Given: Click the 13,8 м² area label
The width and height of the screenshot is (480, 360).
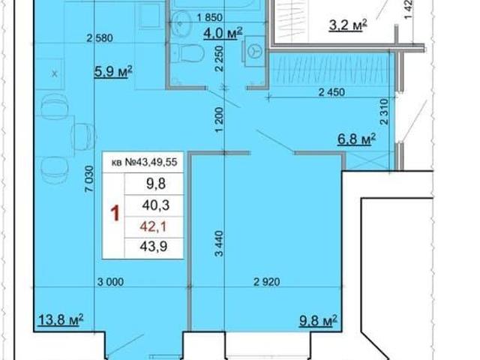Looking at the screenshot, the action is pyautogui.click(x=61, y=320).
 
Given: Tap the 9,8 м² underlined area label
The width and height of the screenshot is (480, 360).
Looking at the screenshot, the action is pyautogui.click(x=318, y=320).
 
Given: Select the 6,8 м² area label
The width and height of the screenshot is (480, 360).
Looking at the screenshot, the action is pyautogui.click(x=357, y=139).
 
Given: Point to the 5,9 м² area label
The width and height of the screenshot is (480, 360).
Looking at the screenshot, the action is pyautogui.click(x=113, y=72).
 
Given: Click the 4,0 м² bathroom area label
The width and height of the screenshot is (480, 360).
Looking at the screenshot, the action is pyautogui.click(x=223, y=33).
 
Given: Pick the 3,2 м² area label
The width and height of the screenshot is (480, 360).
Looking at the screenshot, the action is pyautogui.click(x=348, y=25).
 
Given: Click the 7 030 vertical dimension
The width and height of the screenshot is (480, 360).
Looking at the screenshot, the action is pyautogui.click(x=88, y=179).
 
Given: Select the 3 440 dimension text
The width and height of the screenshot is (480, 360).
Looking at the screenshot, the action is pyautogui.click(x=220, y=243).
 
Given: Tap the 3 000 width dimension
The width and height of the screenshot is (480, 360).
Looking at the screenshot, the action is pyautogui.click(x=110, y=282).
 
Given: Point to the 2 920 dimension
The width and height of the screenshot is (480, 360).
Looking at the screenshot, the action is pyautogui.click(x=267, y=282).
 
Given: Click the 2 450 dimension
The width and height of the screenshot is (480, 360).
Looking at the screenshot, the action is pyautogui.click(x=331, y=91).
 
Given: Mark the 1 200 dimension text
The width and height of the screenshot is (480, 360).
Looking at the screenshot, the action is pyautogui.click(x=220, y=120).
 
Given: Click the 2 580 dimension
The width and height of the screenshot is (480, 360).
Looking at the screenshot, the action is pyautogui.click(x=100, y=38).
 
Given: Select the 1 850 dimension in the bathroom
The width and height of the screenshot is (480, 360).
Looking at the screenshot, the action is pyautogui.click(x=210, y=17).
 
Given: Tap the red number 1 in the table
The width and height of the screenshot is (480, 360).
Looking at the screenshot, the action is pyautogui.click(x=115, y=213).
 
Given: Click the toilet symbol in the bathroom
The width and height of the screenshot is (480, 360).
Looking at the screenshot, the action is pyautogui.click(x=187, y=53).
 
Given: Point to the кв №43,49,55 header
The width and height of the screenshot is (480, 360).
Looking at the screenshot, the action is pyautogui.click(x=145, y=162).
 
